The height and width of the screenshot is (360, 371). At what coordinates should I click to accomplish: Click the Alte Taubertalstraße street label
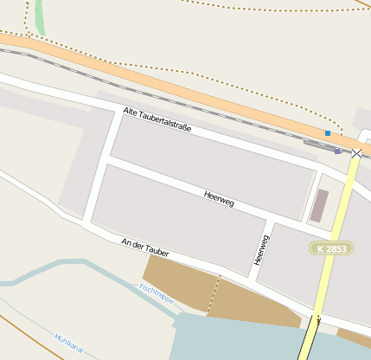[x=157, y=120]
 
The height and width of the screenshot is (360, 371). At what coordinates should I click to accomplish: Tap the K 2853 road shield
[x=330, y=248]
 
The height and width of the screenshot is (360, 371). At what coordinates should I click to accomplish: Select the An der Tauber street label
[x=145, y=247]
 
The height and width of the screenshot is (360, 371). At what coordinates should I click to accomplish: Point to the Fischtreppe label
[x=157, y=294]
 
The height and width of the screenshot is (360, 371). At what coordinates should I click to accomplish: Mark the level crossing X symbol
[x=357, y=153]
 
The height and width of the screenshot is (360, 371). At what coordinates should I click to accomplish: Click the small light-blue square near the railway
[x=327, y=133]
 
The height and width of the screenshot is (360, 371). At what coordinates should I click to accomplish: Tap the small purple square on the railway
[x=336, y=150]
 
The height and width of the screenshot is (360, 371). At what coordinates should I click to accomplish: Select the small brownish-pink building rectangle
[x=319, y=206]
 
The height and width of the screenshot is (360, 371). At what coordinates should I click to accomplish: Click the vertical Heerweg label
[x=257, y=249]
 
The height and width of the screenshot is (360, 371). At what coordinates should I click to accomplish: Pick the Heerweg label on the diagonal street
[x=219, y=198]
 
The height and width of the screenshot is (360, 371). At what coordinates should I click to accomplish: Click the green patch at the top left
[x=39, y=17]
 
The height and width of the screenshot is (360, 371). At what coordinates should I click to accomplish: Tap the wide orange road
[x=173, y=87]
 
